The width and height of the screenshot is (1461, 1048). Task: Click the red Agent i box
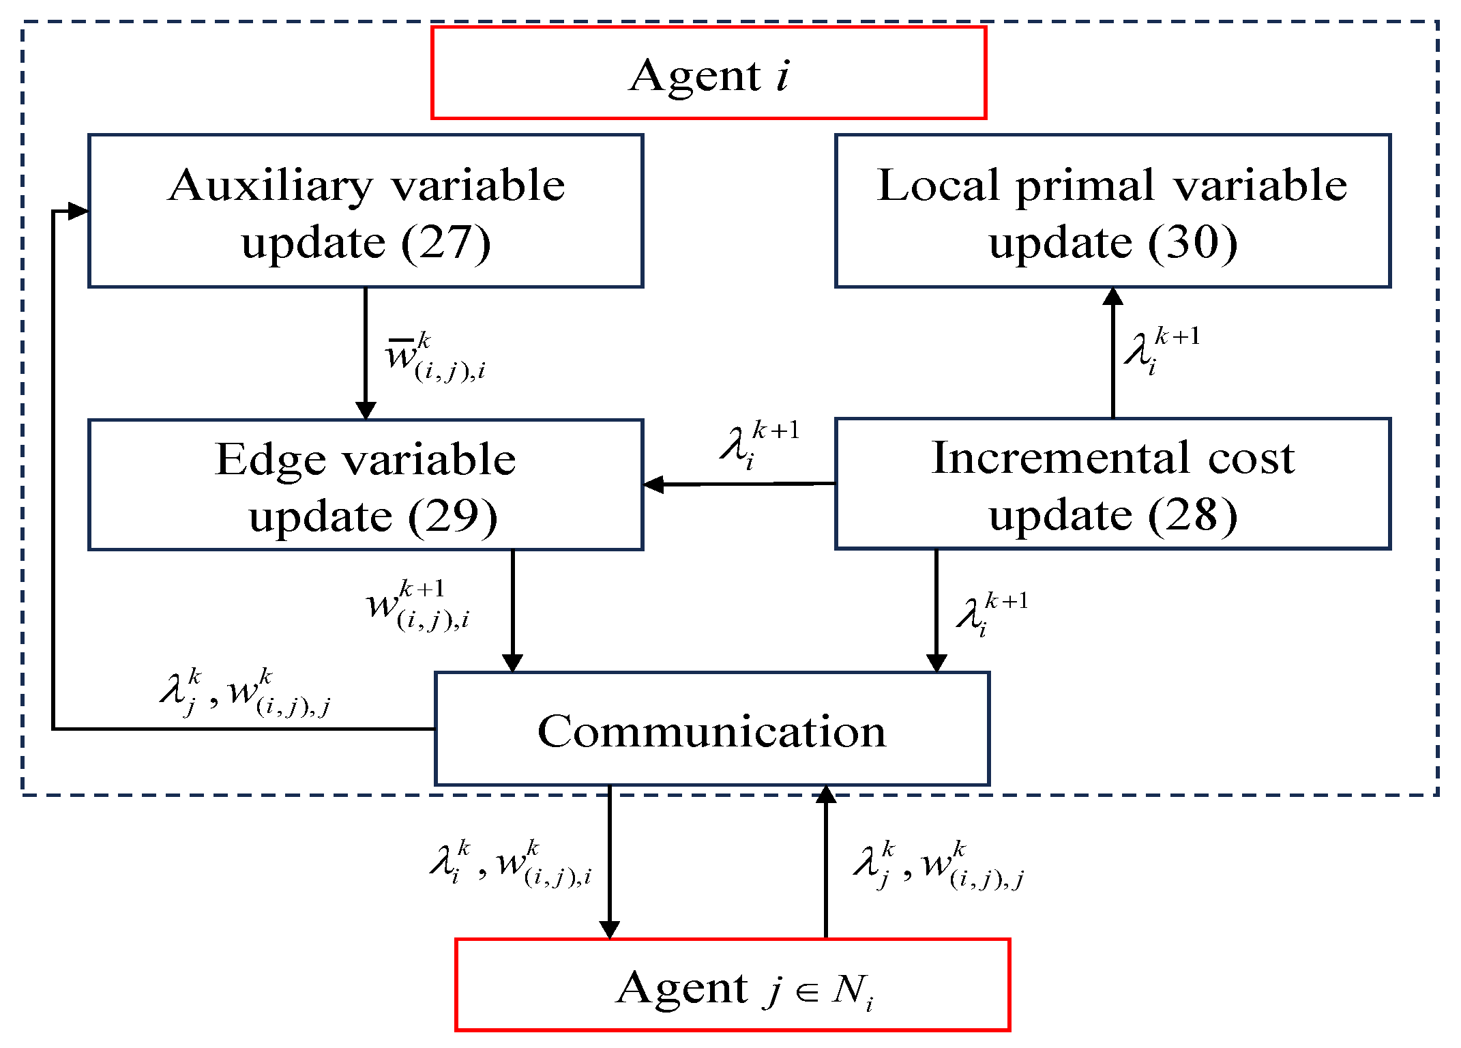click(x=709, y=73)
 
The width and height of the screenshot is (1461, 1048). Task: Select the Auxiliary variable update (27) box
click(x=366, y=211)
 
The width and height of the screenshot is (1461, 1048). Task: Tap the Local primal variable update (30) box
click(x=1112, y=211)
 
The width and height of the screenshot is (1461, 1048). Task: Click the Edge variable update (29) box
click(x=366, y=484)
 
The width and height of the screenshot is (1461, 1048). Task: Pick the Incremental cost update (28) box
click(x=1112, y=484)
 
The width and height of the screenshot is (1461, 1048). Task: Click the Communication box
click(x=711, y=729)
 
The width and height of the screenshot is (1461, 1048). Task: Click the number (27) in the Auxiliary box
click(x=445, y=243)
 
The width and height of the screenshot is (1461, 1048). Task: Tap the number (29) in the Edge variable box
click(x=452, y=516)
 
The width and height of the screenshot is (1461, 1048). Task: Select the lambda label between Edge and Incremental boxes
click(x=757, y=445)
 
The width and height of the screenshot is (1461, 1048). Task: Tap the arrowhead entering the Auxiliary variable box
click(x=79, y=211)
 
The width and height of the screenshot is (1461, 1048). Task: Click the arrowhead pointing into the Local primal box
click(x=1113, y=296)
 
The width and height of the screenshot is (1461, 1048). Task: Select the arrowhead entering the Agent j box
click(x=609, y=929)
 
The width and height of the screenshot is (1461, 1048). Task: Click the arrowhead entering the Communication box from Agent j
click(x=826, y=794)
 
